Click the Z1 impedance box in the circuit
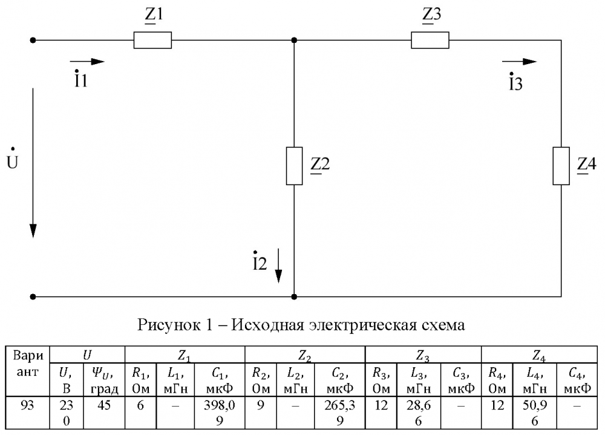(153, 40)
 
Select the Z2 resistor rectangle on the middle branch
(294, 166)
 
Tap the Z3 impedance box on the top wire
(430, 40)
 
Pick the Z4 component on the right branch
(561, 166)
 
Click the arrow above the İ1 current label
(87, 61)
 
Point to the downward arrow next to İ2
(278, 266)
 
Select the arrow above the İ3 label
(519, 61)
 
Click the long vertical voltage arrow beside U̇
(33, 163)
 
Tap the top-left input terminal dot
(33, 40)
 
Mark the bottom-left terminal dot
(33, 297)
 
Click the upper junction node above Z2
(294, 40)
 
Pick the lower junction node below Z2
(294, 297)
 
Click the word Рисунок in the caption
(169, 325)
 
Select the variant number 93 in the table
(27, 405)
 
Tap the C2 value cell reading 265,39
(339, 413)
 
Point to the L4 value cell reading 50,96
(535, 413)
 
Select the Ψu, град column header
(104, 381)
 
